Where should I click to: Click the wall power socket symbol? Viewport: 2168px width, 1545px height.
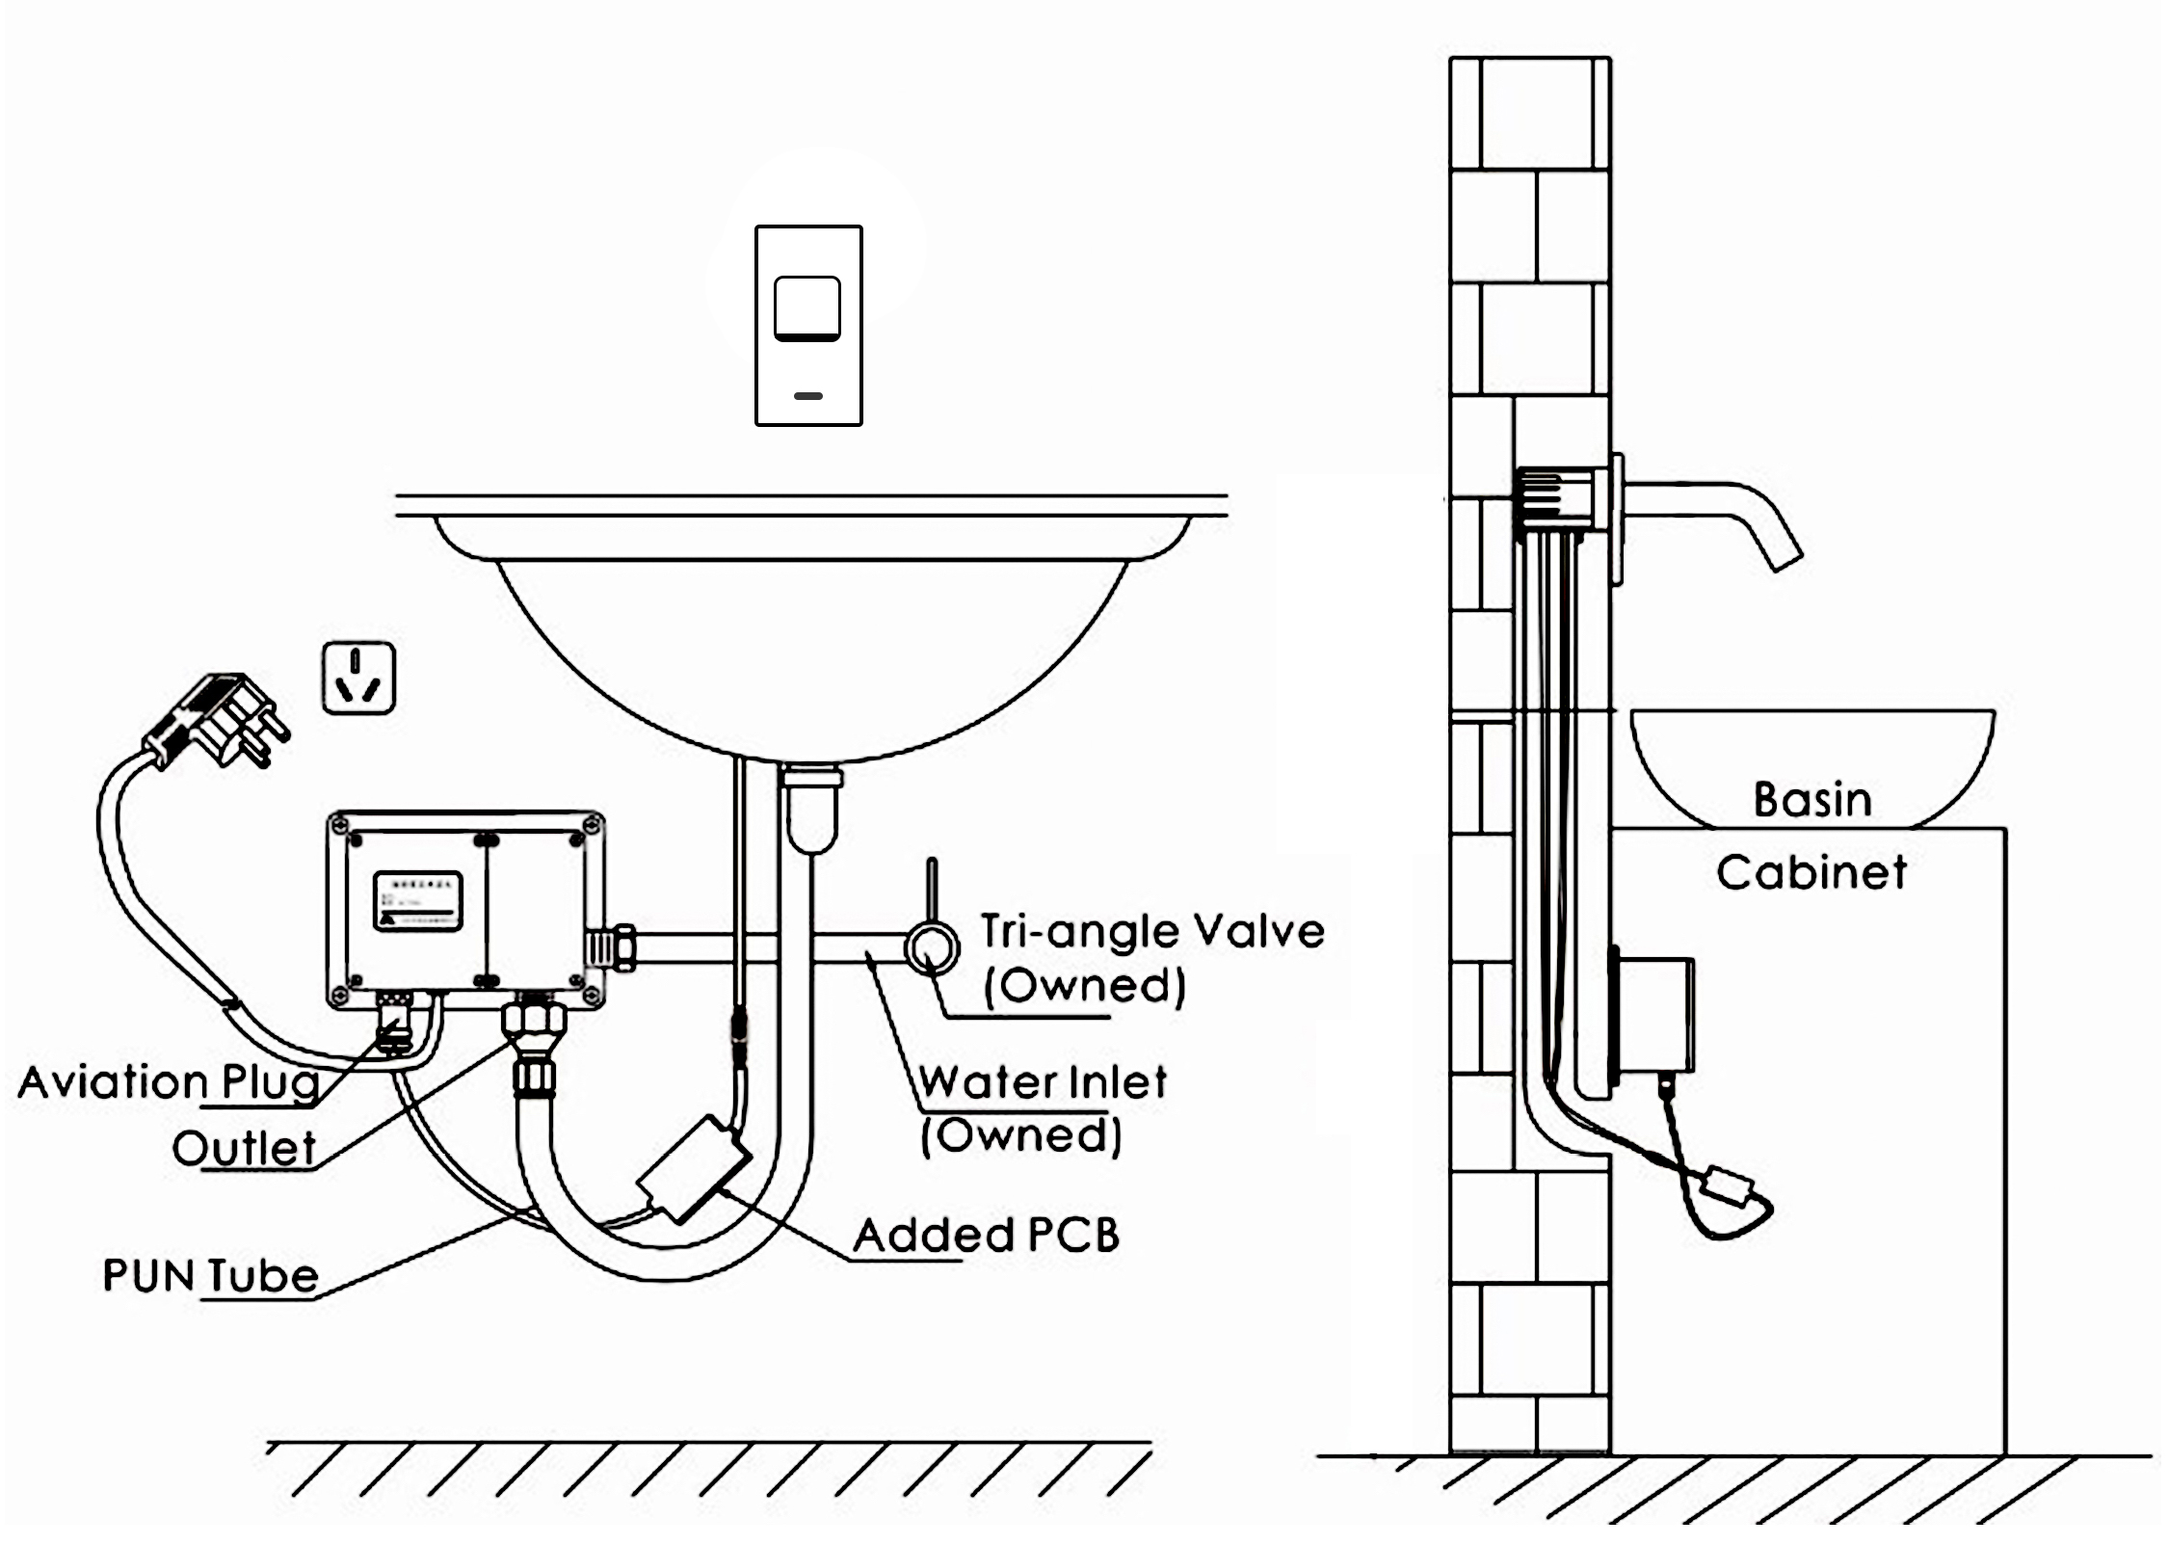click(x=358, y=678)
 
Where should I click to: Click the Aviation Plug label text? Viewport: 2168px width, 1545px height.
click(x=169, y=1081)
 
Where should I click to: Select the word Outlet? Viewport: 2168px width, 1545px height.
click(x=244, y=1148)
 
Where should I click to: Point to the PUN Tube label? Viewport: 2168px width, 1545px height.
click(x=210, y=1275)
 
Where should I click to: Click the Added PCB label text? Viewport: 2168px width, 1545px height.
click(x=987, y=1235)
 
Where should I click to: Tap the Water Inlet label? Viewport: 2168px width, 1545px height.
click(x=1042, y=1081)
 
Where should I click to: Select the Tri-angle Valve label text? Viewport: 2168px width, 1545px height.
click(x=1152, y=931)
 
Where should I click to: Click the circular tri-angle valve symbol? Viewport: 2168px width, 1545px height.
click(x=932, y=947)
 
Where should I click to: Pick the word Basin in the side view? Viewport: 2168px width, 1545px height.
click(x=1812, y=800)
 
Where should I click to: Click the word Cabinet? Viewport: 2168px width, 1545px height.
click(x=1811, y=872)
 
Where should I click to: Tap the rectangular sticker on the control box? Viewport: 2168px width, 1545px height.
click(x=417, y=901)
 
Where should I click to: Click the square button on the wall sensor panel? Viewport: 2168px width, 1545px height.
click(x=807, y=307)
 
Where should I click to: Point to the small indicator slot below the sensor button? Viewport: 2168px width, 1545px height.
click(x=808, y=395)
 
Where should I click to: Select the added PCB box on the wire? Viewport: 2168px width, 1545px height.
click(x=693, y=1168)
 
